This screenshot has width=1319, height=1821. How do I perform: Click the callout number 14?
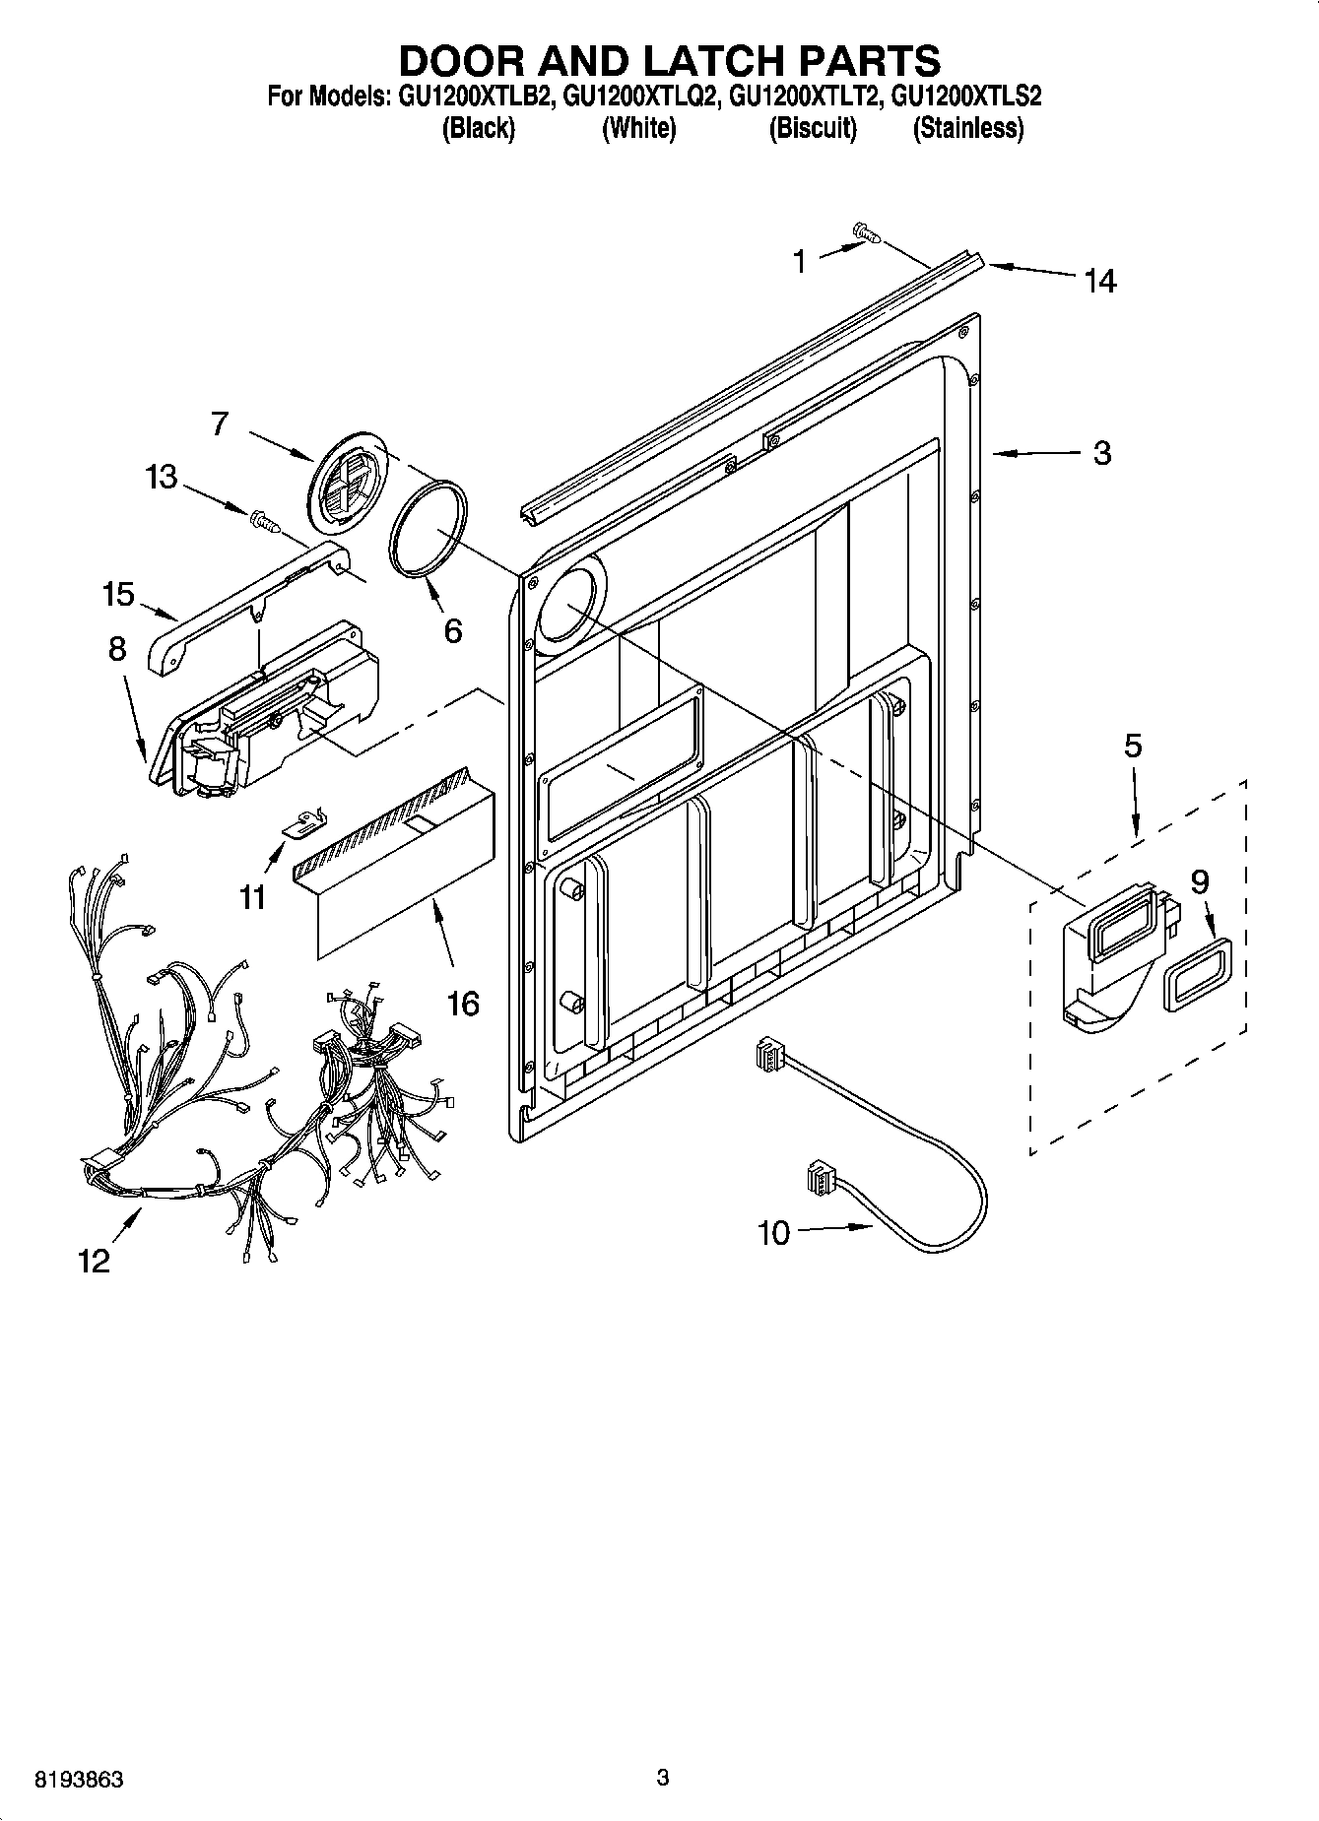[x=1100, y=282]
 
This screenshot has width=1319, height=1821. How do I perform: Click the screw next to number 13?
[x=265, y=520]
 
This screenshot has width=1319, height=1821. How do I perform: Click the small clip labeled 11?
[x=304, y=822]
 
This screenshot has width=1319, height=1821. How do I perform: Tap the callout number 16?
[x=462, y=1004]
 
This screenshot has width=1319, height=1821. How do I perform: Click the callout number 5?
[x=1133, y=746]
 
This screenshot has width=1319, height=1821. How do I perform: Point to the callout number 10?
[x=774, y=1232]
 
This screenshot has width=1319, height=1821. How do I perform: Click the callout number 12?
[x=95, y=1260]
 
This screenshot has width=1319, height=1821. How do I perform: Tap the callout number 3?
[x=1101, y=453]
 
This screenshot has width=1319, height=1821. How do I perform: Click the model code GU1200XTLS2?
[x=965, y=97]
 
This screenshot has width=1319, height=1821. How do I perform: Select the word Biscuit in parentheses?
[x=813, y=129]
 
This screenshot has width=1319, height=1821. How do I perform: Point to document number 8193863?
[x=79, y=1780]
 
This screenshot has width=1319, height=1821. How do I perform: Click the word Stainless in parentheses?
[x=967, y=129]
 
